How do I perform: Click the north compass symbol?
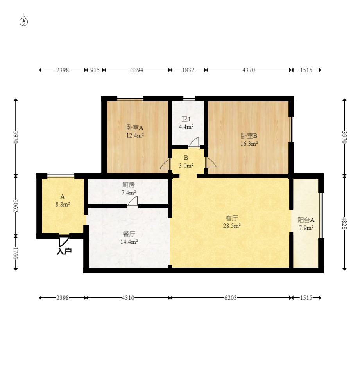pyautogui.click(x=23, y=22)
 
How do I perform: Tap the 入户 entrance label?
pyautogui.click(x=64, y=251)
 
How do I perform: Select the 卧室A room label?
pyautogui.click(x=135, y=128)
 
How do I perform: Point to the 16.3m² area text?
pyautogui.click(x=249, y=144)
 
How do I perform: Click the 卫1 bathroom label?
pyautogui.click(x=186, y=119)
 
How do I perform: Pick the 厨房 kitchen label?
pyautogui.click(x=129, y=185)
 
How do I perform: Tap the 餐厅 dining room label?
pyautogui.click(x=129, y=234)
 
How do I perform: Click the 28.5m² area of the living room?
pyautogui.click(x=232, y=226)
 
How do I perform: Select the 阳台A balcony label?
pyautogui.click(x=306, y=220)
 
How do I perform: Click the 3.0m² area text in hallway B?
pyautogui.click(x=186, y=166)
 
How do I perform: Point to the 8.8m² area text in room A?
pyautogui.click(x=63, y=204)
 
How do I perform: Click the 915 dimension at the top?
pyautogui.click(x=95, y=70)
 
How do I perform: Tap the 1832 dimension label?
pyautogui.click(x=188, y=70)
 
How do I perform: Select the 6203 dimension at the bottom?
pyautogui.click(x=231, y=298)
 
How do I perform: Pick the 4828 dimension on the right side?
pyautogui.click(x=344, y=223)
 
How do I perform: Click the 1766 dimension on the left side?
pyautogui.click(x=16, y=253)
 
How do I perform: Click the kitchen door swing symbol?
pyautogui.click(x=133, y=201)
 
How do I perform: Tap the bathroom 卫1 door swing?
pyautogui.click(x=194, y=142)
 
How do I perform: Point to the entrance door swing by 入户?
pyautogui.click(x=63, y=241)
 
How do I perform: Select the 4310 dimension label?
pyautogui.click(x=128, y=298)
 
